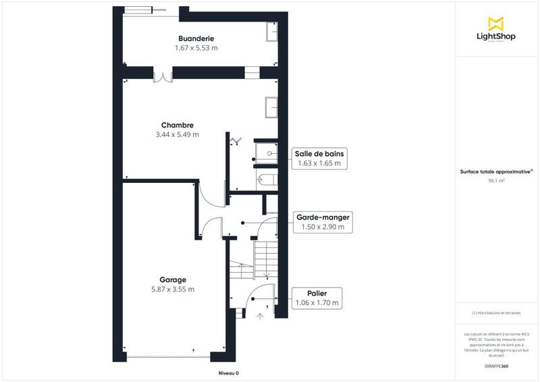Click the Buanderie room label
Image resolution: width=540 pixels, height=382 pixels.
click(x=196, y=38)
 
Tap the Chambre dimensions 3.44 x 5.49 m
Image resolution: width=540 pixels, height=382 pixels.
click(x=178, y=134)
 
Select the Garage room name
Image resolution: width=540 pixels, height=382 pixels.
click(x=173, y=279)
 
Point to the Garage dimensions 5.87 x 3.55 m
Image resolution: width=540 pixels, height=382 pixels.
click(x=173, y=290)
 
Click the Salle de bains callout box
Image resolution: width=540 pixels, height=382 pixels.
click(x=319, y=159)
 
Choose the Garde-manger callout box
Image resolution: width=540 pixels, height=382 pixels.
click(x=323, y=223)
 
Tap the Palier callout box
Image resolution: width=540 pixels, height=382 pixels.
click(x=317, y=298)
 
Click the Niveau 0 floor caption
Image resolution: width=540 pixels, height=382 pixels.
click(x=228, y=373)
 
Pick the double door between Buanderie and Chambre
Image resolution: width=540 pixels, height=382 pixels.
click(x=163, y=76)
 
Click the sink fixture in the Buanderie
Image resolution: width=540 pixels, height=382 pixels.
click(x=273, y=32)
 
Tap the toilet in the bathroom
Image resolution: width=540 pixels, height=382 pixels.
click(x=267, y=180)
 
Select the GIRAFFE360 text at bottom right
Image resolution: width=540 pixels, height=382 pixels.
click(x=496, y=365)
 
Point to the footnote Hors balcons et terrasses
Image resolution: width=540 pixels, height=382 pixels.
click(x=496, y=313)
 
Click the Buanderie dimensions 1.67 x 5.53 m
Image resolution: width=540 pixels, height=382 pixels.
click(x=196, y=48)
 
